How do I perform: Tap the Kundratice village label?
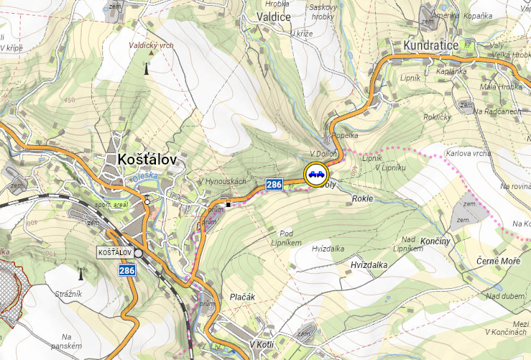[425, 45]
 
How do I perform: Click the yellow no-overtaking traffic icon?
[316, 174]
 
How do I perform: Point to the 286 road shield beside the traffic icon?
[274, 185]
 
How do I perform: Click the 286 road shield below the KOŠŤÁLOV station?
[126, 270]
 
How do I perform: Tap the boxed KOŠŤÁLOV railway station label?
[115, 253]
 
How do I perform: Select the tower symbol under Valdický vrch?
[147, 69]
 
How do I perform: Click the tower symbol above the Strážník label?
[80, 274]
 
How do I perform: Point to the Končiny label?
[435, 241]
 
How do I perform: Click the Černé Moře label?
[498, 260]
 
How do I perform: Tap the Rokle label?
[363, 198]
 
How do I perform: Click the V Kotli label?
[264, 344]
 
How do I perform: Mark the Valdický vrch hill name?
[151, 45]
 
